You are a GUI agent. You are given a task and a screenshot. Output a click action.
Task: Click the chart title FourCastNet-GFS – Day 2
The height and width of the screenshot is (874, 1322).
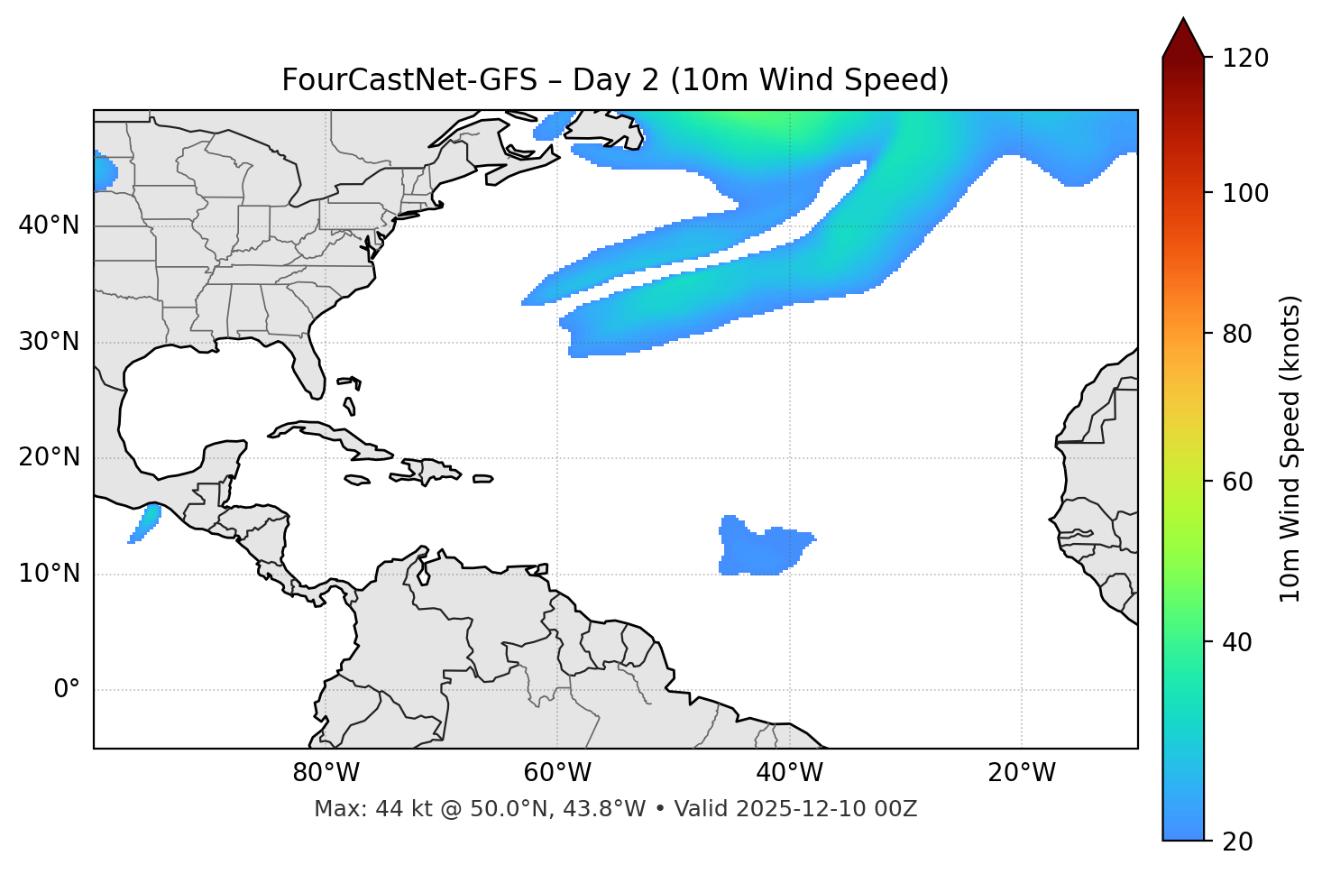pos(615,80)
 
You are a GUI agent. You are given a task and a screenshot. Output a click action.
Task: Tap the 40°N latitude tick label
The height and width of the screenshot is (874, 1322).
pos(49,225)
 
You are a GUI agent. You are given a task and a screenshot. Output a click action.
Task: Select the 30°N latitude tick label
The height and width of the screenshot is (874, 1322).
pos(49,342)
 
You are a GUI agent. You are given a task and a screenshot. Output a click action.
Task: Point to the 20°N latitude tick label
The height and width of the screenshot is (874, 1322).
pos(49,457)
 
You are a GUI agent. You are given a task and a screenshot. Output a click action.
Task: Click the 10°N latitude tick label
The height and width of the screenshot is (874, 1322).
pos(49,574)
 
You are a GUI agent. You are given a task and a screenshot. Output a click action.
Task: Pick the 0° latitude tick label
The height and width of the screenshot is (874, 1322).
pos(66,690)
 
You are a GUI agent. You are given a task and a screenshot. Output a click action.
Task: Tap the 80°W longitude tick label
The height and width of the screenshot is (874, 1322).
pos(326,773)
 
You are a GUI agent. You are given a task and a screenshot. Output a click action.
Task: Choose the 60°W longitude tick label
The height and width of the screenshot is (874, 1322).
pos(557,773)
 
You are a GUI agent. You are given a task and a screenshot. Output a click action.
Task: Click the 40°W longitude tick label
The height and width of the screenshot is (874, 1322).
pos(789,773)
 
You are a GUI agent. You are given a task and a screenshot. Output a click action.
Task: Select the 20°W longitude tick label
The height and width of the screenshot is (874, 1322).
pos(1021,773)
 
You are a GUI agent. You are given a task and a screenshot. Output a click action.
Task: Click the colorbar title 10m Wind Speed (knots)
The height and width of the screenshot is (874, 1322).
pos(1290,448)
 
